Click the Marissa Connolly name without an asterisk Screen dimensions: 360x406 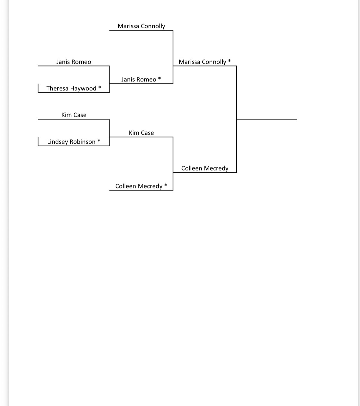point(141,26)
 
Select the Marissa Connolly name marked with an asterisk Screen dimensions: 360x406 point(202,62)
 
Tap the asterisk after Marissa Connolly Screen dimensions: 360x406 point(229,61)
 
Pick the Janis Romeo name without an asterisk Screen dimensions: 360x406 point(74,62)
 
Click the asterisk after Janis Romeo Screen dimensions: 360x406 point(159,78)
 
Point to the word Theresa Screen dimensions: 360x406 point(57,88)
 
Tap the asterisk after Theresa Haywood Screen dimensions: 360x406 point(99,87)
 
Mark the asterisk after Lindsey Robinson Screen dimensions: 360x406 point(99,141)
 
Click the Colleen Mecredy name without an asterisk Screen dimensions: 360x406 point(205,168)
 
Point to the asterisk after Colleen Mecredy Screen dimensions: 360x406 point(166,185)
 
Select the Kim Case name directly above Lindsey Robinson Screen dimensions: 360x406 point(74,115)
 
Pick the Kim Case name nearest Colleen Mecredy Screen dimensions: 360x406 point(141,133)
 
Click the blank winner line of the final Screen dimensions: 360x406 point(267,119)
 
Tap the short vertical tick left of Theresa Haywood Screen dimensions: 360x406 point(38,88)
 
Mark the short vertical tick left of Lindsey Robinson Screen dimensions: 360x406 point(38,142)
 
